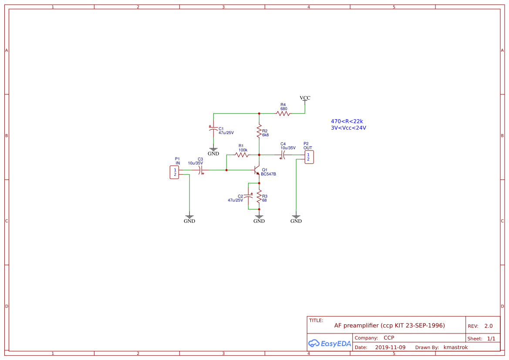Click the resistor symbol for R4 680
(x=283, y=113)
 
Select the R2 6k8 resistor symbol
(x=259, y=131)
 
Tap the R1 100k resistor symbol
(x=242, y=155)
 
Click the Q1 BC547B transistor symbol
(x=257, y=170)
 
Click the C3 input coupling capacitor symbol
(x=201, y=170)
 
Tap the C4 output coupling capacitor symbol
(x=283, y=155)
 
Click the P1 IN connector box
(x=175, y=172)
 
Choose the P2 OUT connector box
(x=308, y=157)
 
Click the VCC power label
(x=305, y=98)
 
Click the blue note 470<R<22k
(x=347, y=121)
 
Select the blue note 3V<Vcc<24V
(x=348, y=128)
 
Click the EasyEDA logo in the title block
(x=330, y=343)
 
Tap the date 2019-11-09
(x=390, y=347)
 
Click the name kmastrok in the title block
(x=455, y=347)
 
